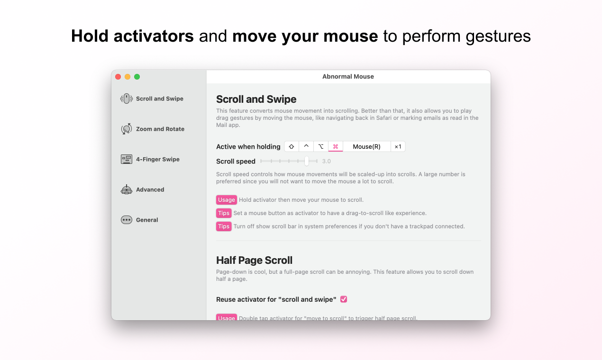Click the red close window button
118,77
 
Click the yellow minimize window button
128,77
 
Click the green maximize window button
137,77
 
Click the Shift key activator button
292,146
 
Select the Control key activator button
306,146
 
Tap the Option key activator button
321,146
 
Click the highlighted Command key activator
336,146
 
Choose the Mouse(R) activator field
366,146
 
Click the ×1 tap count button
398,146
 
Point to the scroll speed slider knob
307,161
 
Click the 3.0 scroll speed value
327,162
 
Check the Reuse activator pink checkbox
344,299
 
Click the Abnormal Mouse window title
348,76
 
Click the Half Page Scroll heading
254,260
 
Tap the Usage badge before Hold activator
227,200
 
